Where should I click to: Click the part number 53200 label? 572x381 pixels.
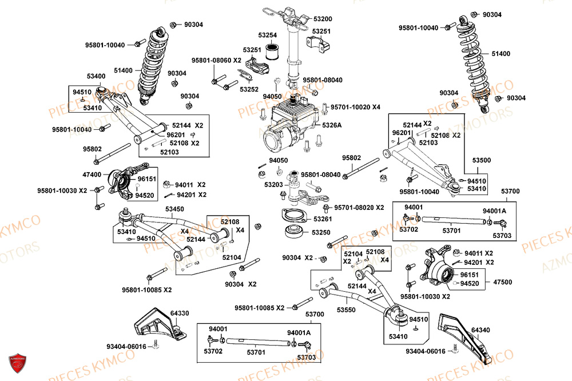[x=322, y=19]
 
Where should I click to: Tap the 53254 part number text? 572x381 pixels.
[x=267, y=35]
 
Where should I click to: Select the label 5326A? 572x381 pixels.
[x=332, y=125]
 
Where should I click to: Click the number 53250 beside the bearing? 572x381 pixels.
[x=321, y=232]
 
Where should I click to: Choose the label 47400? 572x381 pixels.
[x=92, y=174]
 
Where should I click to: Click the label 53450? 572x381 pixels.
[x=174, y=209]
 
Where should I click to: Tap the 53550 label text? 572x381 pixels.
[x=346, y=309]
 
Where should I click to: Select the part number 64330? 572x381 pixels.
[x=180, y=313]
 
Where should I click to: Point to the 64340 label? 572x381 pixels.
[x=480, y=330]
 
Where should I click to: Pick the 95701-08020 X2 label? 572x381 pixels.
[x=359, y=208]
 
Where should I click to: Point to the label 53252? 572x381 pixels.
[x=249, y=89]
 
